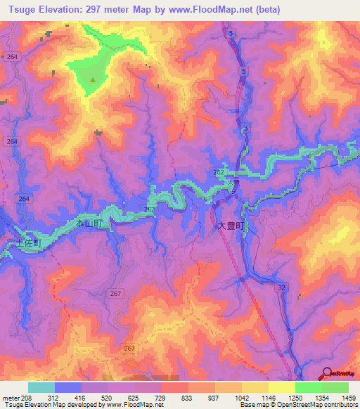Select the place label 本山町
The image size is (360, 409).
pos(89,223)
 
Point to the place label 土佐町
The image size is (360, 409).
pos(30,242)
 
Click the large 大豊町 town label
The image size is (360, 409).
pos(230,227)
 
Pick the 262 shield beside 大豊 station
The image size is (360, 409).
pos(219,173)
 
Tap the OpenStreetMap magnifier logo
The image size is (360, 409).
pos(326,372)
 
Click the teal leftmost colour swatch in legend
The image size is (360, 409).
pos(41,387)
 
